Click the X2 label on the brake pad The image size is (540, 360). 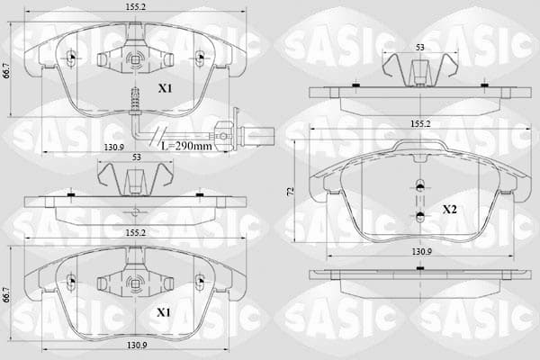click(x=449, y=209)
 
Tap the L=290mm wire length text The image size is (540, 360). click(x=186, y=146)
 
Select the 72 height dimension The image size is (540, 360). click(x=290, y=191)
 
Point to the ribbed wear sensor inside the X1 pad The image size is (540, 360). click(x=135, y=99)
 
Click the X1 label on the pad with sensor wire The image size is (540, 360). click(x=165, y=88)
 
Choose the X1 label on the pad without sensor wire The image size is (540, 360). click(x=164, y=312)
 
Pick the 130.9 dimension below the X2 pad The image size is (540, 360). click(x=422, y=252)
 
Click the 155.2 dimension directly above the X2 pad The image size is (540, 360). click(x=420, y=124)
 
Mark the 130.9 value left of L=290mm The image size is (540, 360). click(x=114, y=148)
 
